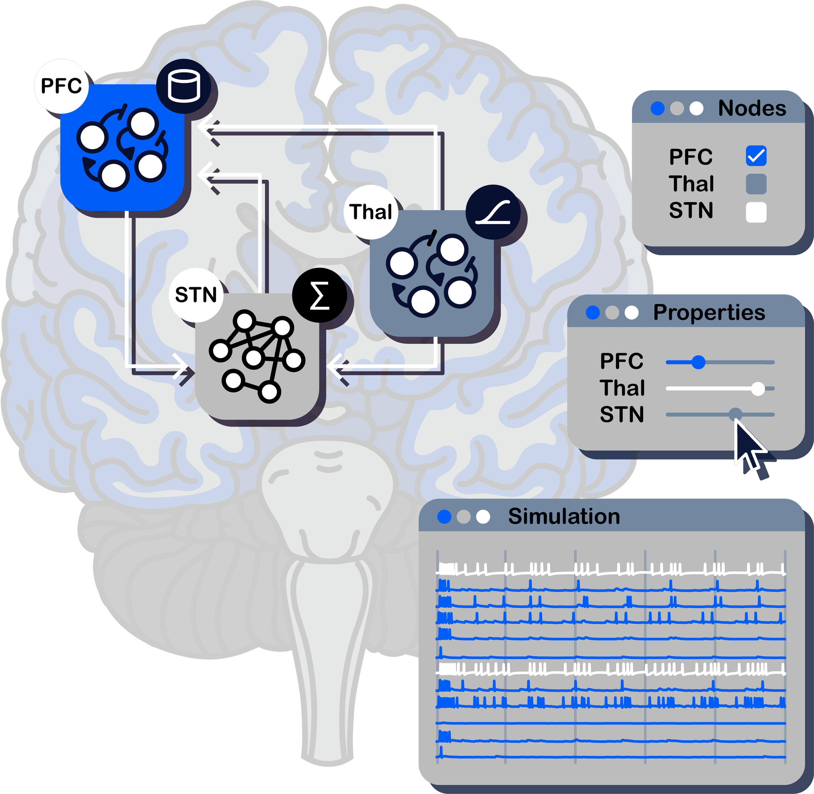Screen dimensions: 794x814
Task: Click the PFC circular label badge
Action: [61, 86]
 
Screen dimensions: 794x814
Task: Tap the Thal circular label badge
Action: [371, 212]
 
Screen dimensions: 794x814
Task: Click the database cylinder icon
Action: [184, 86]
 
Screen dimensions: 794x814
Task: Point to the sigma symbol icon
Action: [319, 295]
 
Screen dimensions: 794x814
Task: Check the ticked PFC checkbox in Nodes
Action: [756, 156]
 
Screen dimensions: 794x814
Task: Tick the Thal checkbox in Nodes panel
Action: [756, 184]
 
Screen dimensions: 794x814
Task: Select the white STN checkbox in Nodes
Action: [756, 212]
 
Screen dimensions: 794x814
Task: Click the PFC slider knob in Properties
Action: [698, 362]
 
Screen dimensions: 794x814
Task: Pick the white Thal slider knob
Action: [758, 389]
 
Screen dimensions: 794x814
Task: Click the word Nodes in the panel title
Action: [752, 108]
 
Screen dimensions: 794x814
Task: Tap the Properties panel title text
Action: [709, 312]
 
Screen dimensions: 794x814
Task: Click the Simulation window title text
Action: [564, 516]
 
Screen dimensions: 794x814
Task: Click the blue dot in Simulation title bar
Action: [444, 517]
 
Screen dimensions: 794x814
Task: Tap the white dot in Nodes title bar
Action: [696, 108]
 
